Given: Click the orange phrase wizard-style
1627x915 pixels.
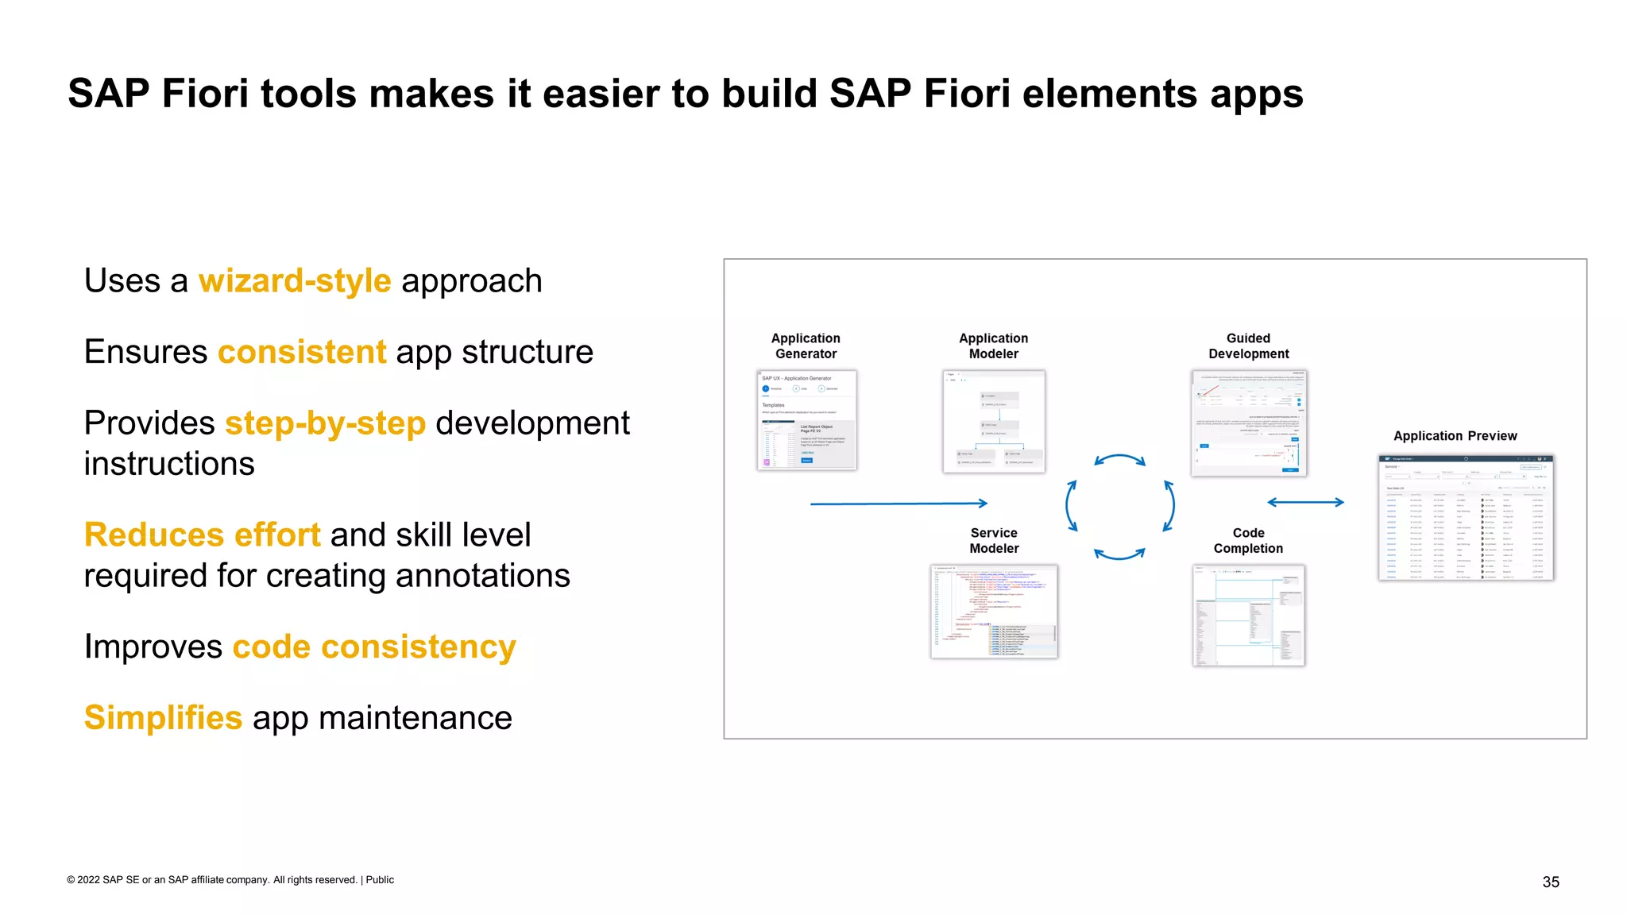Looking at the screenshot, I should (x=294, y=281).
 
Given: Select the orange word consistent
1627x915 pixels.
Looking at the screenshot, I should (x=302, y=352).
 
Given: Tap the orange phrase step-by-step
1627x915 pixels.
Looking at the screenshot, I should (x=325, y=423).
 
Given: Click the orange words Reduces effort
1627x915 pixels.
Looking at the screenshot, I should (x=202, y=535).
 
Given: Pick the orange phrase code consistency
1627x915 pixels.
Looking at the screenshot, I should (x=373, y=647).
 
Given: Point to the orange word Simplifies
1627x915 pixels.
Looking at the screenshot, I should (x=163, y=718).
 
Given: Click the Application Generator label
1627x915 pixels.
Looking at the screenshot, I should (x=806, y=346).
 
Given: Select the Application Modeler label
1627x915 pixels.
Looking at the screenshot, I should (x=993, y=346).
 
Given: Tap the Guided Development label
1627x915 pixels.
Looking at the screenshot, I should (x=1248, y=346).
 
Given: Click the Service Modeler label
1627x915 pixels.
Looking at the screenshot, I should (x=993, y=541).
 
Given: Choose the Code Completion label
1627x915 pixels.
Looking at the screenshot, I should (x=1248, y=541).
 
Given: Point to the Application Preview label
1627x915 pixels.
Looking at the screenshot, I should (x=1455, y=436).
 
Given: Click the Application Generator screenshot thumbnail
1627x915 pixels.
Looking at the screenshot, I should (x=806, y=420).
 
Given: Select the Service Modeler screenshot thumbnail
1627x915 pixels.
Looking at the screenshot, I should (x=994, y=612).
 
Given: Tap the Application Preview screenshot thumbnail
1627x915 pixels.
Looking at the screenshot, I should (x=1466, y=518).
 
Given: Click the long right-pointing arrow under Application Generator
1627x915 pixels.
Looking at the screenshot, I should (x=899, y=504).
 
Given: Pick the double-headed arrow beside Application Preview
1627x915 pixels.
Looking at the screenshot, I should (x=1305, y=502).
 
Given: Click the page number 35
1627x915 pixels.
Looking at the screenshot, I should (x=1551, y=882).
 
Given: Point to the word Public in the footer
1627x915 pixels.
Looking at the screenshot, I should (x=380, y=880).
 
